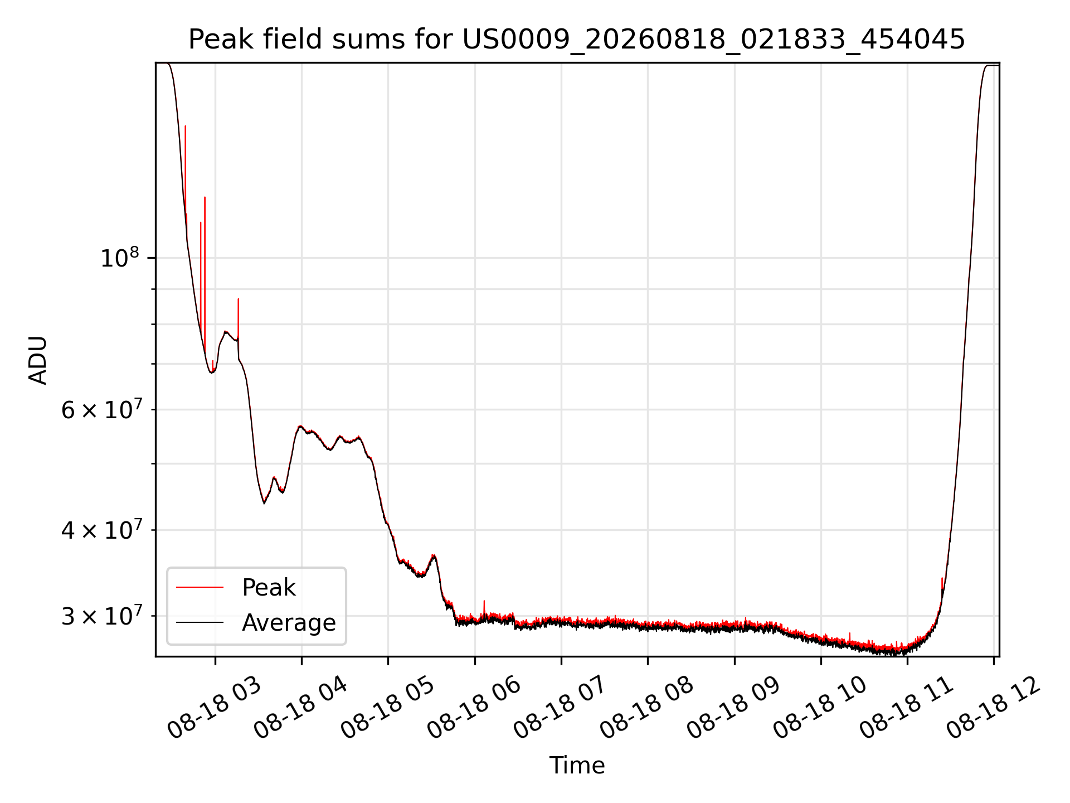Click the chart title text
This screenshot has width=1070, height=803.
tap(577, 40)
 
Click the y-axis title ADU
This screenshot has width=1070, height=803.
tap(38, 360)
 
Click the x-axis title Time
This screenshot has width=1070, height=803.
tap(577, 765)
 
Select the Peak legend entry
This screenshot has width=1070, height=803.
tap(269, 587)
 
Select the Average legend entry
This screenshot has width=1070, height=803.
tap(289, 622)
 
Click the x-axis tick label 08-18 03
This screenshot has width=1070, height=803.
tap(214, 708)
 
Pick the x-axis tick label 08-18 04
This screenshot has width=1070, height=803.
tap(301, 708)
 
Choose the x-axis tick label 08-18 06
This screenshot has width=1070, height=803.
tap(474, 708)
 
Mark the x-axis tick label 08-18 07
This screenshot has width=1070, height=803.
tap(560, 708)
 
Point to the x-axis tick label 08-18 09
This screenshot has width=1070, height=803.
tap(733, 708)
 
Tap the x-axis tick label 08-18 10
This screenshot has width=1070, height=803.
tap(820, 708)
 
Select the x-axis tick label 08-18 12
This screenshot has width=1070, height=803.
tap(993, 708)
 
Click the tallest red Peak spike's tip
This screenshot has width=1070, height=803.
tap(186, 126)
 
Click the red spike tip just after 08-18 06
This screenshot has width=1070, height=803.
tap(484, 601)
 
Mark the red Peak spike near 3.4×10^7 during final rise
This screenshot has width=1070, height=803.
tap(942, 578)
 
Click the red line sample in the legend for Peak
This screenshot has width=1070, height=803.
tap(200, 587)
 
